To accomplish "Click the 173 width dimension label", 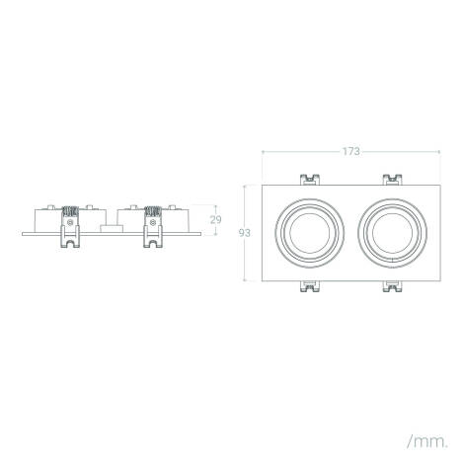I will click(350, 151).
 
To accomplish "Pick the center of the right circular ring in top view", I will click(393, 233).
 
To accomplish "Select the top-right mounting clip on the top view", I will click(393, 181).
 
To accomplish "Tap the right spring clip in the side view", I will click(152, 225).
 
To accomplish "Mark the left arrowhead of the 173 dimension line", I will click(263, 152).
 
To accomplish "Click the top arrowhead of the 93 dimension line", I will click(248, 187).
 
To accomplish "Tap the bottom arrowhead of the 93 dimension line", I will click(248, 280).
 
